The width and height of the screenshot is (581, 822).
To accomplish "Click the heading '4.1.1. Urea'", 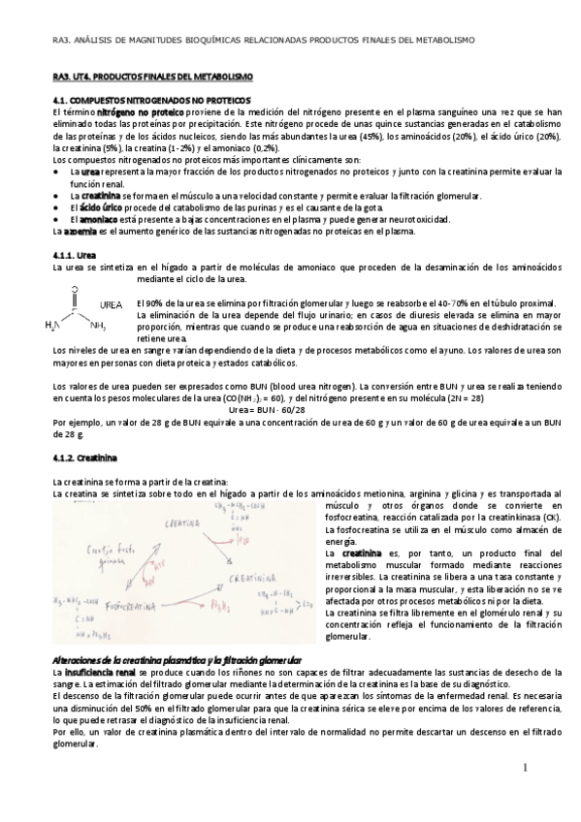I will point(74,254).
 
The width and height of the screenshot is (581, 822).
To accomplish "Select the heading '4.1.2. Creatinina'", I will point(85,456).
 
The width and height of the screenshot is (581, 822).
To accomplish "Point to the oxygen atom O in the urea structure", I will point(75,288).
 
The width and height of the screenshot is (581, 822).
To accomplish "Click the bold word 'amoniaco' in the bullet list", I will point(99,219).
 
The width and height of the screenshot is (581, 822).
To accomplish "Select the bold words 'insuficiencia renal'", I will point(101,671).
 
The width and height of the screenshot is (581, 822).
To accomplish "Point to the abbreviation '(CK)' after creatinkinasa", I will point(550,518).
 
